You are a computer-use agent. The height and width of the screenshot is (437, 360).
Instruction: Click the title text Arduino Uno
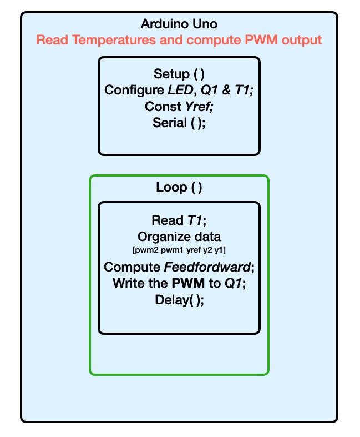tap(179, 24)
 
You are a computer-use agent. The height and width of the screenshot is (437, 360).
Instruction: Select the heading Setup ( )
tap(179, 74)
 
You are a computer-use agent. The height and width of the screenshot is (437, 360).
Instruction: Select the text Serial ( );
tap(179, 123)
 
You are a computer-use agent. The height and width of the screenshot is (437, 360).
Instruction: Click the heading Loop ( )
tap(179, 188)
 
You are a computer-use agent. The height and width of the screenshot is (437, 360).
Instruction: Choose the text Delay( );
tap(179, 299)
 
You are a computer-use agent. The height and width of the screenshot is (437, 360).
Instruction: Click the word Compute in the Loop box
tap(131, 267)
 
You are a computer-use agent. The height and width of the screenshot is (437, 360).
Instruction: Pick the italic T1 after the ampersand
tap(244, 90)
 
